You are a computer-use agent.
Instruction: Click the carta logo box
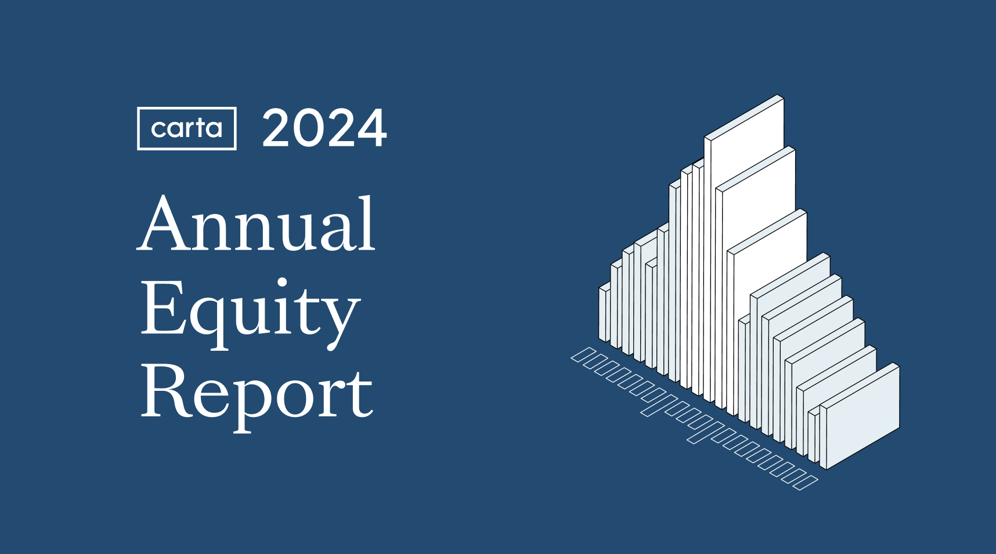click(x=186, y=128)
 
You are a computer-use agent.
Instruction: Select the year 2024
click(x=324, y=128)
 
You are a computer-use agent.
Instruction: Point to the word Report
click(x=257, y=392)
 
